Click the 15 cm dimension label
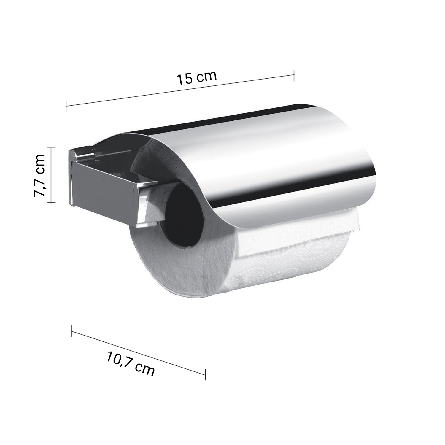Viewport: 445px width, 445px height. [197, 78]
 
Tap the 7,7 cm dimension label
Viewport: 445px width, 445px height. [39, 175]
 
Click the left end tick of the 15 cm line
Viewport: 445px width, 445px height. [66, 106]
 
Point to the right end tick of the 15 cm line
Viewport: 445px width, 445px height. [294, 76]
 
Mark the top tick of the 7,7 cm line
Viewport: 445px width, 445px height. [51, 148]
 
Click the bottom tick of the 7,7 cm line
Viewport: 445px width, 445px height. [51, 202]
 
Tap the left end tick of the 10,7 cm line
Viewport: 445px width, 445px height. [72, 331]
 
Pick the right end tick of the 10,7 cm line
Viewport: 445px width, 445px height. [205, 374]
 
